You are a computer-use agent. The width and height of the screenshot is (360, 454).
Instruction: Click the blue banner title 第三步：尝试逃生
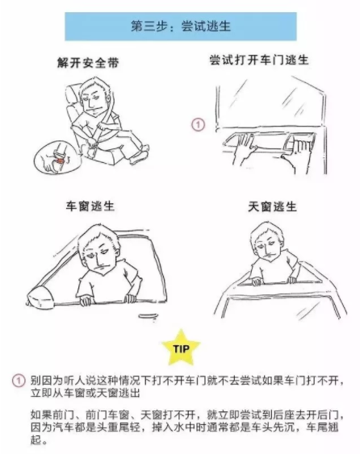point(181,27)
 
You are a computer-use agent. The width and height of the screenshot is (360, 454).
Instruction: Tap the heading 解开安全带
point(88,63)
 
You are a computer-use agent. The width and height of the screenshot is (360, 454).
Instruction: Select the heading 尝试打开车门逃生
point(259,60)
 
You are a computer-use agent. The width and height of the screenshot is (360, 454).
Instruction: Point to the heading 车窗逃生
point(90,206)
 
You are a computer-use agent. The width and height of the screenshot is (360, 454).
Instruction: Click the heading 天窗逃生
point(272,206)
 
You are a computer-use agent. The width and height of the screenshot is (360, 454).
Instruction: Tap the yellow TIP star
point(181,348)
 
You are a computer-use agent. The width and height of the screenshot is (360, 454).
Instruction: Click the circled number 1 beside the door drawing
point(199,125)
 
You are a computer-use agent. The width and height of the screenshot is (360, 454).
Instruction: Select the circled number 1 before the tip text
point(19,381)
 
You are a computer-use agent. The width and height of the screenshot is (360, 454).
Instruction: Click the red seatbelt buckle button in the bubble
point(61,160)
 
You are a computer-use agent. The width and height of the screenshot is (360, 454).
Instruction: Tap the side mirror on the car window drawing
point(40,297)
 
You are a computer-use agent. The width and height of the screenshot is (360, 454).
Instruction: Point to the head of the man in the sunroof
point(266,242)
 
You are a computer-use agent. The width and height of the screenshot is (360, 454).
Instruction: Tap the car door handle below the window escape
point(148,315)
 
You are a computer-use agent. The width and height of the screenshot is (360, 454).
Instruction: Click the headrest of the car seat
point(73,92)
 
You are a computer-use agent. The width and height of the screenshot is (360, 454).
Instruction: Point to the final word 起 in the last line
point(36,440)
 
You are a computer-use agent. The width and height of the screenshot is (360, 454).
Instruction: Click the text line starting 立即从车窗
point(86,393)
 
